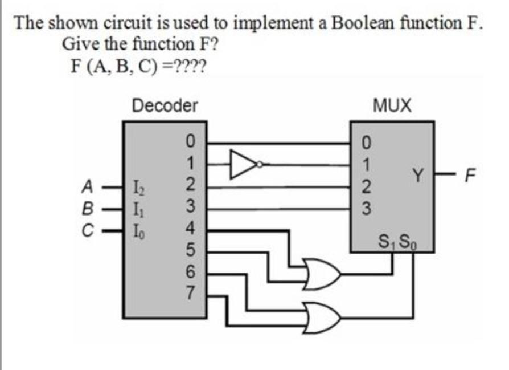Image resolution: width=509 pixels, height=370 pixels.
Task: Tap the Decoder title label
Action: (165, 105)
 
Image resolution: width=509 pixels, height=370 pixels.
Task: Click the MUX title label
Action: (392, 105)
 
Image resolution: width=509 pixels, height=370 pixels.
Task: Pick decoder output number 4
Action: (191, 230)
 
